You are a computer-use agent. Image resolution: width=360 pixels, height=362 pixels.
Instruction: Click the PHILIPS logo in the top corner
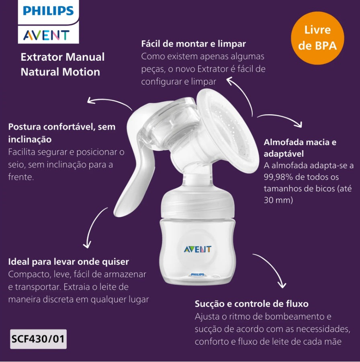click(48, 10)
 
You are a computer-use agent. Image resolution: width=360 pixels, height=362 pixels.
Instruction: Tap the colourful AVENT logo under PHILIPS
click(46, 35)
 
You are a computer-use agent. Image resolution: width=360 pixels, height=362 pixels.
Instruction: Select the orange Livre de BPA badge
click(317, 38)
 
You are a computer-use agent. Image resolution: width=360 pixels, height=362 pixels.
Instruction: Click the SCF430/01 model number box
click(38, 339)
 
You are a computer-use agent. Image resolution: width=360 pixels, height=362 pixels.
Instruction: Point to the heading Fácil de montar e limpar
click(194, 43)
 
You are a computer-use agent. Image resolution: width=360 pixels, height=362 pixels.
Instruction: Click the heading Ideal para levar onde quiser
click(68, 262)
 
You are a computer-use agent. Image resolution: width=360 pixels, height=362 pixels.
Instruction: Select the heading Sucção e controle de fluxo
click(252, 304)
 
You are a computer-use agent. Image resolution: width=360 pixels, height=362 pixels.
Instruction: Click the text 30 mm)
click(278, 200)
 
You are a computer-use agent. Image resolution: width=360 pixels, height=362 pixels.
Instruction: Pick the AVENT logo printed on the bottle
click(197, 249)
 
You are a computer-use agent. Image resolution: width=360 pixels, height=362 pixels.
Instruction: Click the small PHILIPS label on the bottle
click(198, 274)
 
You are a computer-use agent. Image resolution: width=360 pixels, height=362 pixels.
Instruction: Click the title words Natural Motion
click(60, 72)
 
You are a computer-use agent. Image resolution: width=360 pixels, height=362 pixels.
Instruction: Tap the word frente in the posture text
click(21, 177)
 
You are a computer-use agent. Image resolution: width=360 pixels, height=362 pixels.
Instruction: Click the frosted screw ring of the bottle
click(198, 203)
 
